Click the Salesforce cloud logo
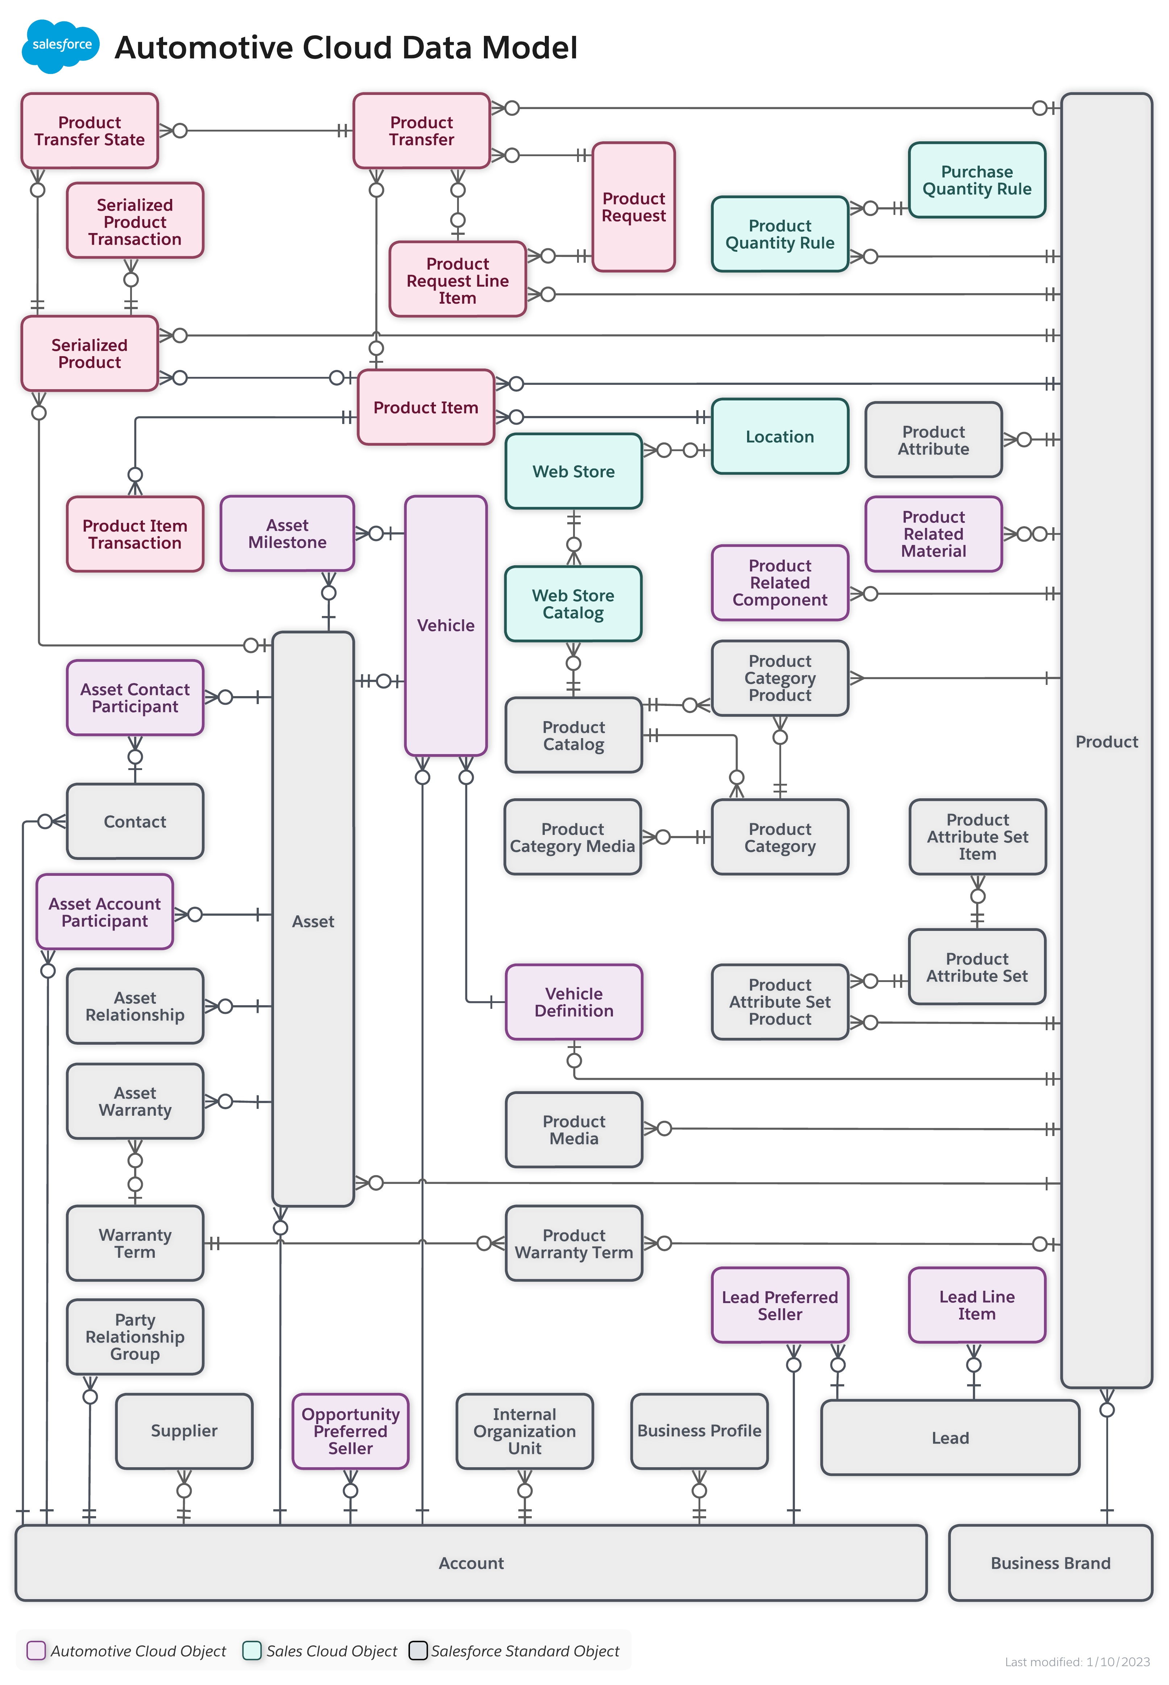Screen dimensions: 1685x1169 tap(62, 45)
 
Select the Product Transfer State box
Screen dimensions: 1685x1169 tap(90, 131)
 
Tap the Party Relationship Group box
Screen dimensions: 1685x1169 tap(135, 1336)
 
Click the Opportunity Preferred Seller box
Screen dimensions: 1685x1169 tap(350, 1431)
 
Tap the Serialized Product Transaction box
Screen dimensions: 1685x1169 tap(135, 221)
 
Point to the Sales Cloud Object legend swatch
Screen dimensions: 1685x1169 tap(252, 1651)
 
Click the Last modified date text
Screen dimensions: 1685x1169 tap(1077, 1661)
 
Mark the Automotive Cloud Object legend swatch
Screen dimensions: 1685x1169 tap(36, 1651)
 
